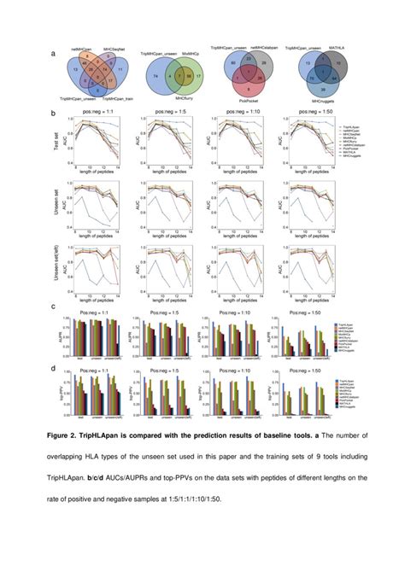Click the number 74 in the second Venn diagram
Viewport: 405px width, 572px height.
point(156,76)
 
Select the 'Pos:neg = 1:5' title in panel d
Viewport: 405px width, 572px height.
point(167,370)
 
